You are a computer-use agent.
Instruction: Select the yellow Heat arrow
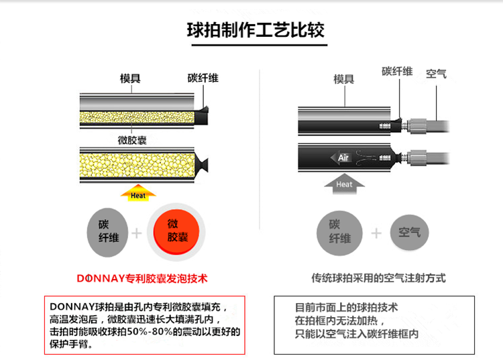pos(138,194)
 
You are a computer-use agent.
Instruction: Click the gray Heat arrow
pos(344,183)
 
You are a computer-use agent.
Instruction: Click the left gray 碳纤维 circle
pos(107,231)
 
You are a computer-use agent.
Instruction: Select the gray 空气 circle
pos(410,232)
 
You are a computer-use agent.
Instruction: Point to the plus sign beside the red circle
pos(138,232)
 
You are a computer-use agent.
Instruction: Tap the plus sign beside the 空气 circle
pos(376,232)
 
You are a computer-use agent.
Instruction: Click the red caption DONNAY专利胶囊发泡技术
pos(142,277)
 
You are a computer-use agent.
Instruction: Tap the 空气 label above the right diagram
pos(436,74)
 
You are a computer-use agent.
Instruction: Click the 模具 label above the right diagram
pos(344,79)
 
